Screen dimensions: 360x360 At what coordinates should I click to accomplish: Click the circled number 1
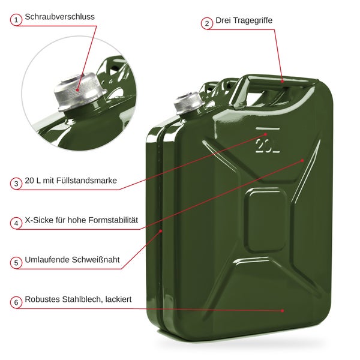click(16, 20)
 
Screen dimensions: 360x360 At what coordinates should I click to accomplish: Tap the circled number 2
click(207, 23)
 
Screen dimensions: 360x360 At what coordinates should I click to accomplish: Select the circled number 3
click(16, 184)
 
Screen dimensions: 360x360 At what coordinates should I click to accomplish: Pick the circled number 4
click(16, 223)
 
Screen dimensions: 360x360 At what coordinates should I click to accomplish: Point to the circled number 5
click(16, 263)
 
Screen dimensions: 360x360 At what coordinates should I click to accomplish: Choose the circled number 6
click(16, 302)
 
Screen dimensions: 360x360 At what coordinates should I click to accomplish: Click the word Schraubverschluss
click(59, 17)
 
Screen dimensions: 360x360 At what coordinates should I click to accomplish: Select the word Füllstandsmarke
click(86, 181)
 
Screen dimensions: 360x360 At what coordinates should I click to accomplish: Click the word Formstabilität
click(113, 220)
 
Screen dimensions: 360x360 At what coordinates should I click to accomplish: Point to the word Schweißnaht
click(96, 260)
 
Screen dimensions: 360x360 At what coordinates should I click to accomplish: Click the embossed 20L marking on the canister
click(268, 146)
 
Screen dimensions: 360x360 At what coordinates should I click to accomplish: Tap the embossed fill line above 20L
click(268, 128)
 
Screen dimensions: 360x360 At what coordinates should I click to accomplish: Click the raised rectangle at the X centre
click(266, 220)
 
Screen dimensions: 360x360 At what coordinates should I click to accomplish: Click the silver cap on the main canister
click(189, 103)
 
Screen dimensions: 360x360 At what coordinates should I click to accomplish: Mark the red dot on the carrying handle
click(283, 81)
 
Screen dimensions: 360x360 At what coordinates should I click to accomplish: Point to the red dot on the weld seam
click(161, 231)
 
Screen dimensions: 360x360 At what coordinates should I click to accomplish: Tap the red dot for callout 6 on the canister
click(283, 311)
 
